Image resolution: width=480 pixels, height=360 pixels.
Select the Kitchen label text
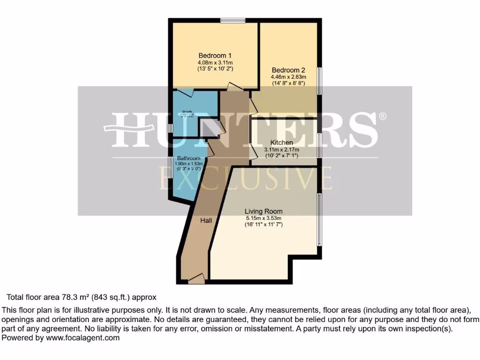[x=282, y=142]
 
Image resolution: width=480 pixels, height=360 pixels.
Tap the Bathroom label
[x=188, y=158]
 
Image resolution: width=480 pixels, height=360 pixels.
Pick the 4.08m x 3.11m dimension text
[x=215, y=62]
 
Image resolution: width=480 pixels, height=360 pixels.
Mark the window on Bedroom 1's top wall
[x=233, y=20]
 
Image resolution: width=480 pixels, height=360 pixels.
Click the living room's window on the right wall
[x=320, y=219]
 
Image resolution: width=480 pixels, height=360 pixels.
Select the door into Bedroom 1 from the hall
[x=233, y=87]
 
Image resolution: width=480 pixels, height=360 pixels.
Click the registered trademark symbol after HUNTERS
[x=382, y=116]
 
